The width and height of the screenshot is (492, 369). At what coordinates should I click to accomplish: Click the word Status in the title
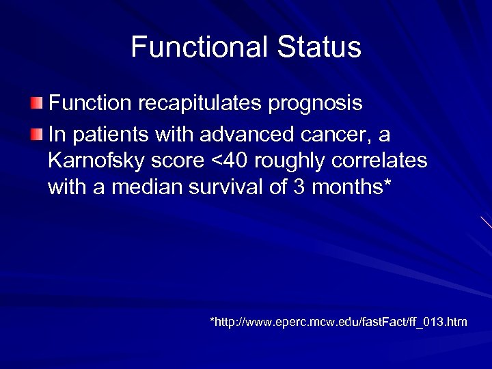click(319, 47)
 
